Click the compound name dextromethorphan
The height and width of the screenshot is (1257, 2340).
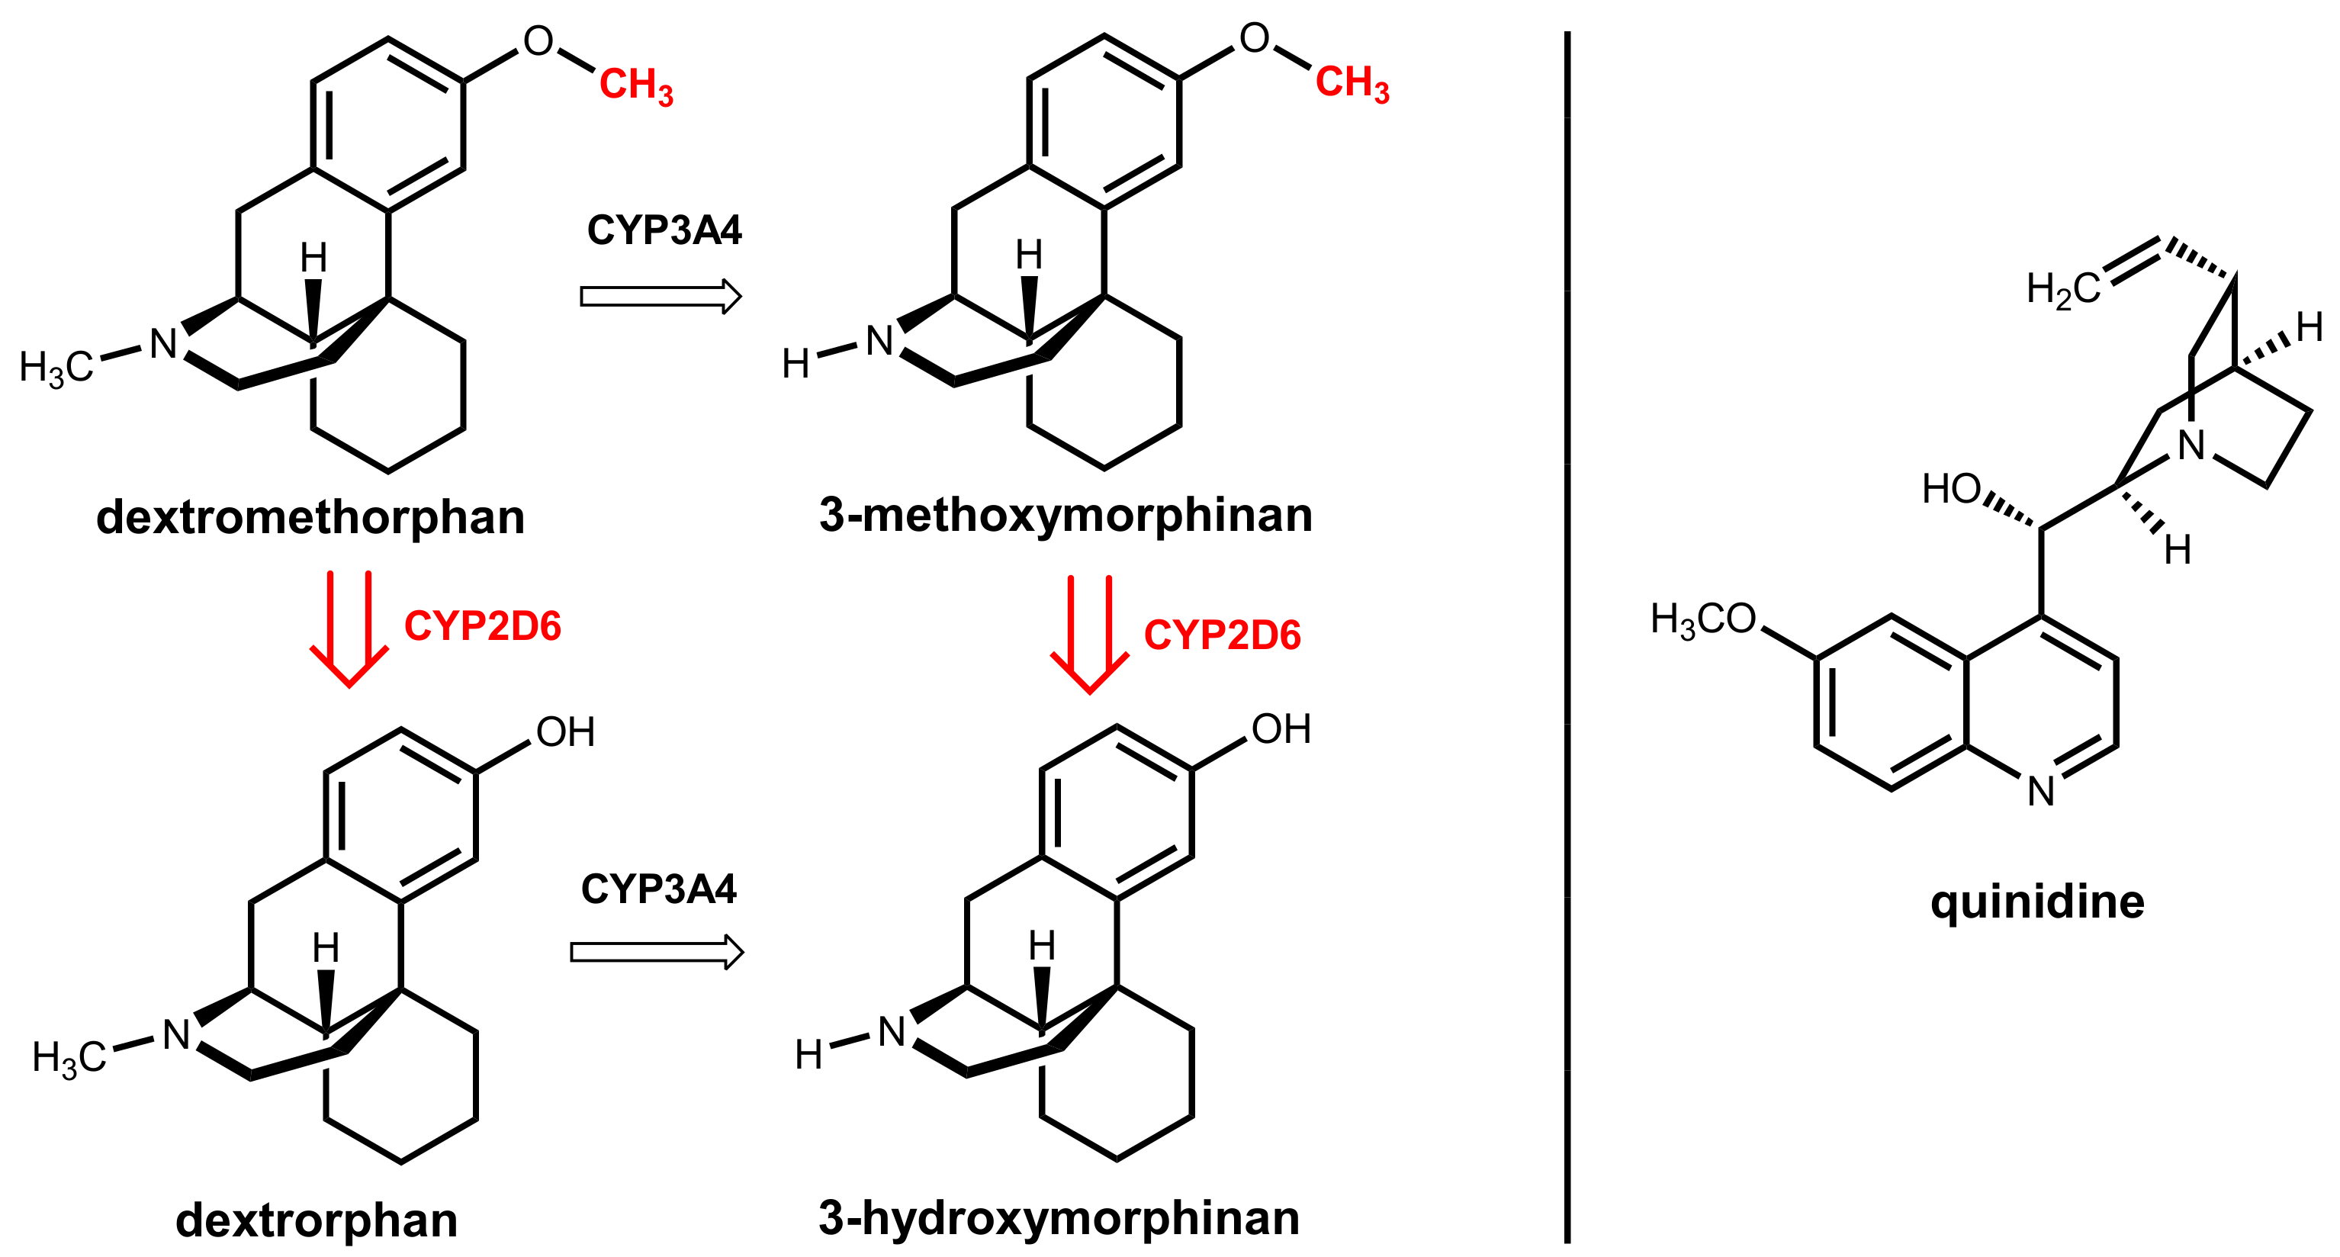tap(310, 518)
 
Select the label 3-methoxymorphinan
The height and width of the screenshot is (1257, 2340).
tap(1066, 515)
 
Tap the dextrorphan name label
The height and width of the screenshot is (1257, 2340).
tap(316, 1220)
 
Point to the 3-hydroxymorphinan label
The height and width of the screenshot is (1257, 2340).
tap(1059, 1217)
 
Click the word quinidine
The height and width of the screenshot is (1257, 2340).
tap(2036, 902)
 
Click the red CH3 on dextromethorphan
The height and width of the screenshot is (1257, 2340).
tap(636, 85)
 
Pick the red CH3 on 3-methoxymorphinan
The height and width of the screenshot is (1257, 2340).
tap(1352, 84)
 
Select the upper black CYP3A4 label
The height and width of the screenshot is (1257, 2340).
tap(664, 230)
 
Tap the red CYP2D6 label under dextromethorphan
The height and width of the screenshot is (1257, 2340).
tap(482, 627)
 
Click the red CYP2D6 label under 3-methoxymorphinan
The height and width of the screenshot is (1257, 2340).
tap(1222, 636)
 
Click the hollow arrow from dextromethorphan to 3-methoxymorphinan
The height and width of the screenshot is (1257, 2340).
tap(661, 296)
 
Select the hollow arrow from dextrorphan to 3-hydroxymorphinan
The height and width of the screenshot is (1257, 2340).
tap(657, 952)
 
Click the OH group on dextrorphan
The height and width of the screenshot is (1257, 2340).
tap(565, 732)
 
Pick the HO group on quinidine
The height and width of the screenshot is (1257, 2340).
tap(1951, 490)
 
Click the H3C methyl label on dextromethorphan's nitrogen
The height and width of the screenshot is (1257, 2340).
tap(56, 368)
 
